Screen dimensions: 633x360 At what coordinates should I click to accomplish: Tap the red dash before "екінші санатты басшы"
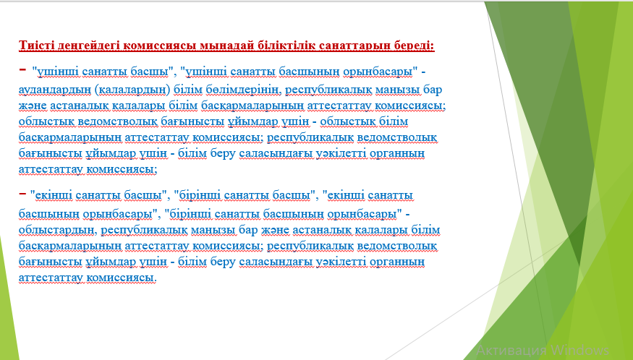tap(22, 194)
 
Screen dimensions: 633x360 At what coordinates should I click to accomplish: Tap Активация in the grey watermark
tap(511, 349)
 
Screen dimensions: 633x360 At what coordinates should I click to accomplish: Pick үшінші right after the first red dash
tap(58, 72)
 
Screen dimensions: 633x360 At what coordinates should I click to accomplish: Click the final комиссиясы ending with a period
tap(122, 278)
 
